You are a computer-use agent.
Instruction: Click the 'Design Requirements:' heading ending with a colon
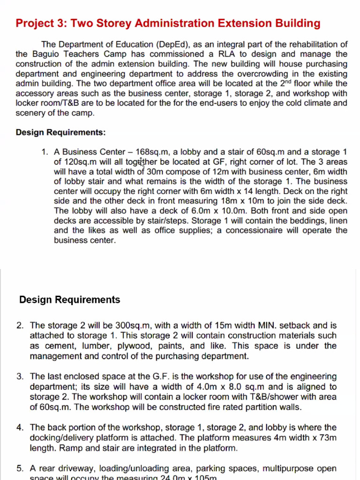pyautogui.click(x=60, y=133)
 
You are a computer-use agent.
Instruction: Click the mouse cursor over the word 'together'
pyautogui.click(x=142, y=163)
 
